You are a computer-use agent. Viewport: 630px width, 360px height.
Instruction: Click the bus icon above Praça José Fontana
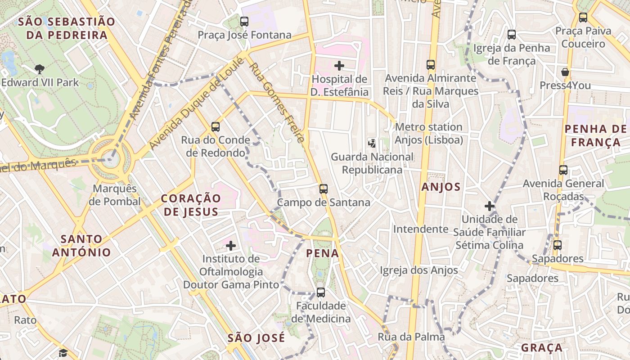[244, 21]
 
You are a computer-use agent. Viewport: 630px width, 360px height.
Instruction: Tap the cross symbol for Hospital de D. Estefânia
[339, 66]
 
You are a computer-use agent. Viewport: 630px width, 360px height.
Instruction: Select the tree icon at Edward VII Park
[40, 69]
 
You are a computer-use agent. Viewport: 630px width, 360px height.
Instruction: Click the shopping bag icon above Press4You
[565, 72]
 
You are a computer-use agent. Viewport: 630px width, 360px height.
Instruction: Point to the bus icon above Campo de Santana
[324, 189]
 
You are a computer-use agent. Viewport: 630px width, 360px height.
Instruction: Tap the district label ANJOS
[441, 187]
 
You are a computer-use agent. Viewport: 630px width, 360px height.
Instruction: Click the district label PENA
[323, 253]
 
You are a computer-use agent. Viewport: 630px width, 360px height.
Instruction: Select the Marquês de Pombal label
[115, 195]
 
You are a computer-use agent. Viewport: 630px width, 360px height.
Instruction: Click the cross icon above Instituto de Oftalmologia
[231, 246]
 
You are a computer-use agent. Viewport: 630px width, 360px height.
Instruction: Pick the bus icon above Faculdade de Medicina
[321, 292]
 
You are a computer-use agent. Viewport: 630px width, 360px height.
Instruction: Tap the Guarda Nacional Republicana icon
[372, 144]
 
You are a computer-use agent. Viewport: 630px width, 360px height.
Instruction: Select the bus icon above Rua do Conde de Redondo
[216, 127]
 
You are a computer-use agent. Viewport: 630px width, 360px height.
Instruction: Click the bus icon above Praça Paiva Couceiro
[583, 18]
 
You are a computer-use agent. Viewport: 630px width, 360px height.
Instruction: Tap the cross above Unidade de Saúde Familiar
[490, 206]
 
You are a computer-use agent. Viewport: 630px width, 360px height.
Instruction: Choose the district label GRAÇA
[542, 348]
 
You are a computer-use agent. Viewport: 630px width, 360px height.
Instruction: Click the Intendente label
[421, 229]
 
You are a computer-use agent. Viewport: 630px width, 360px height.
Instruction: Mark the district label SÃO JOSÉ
[256, 338]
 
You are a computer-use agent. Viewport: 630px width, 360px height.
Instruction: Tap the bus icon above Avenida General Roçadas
[563, 170]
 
